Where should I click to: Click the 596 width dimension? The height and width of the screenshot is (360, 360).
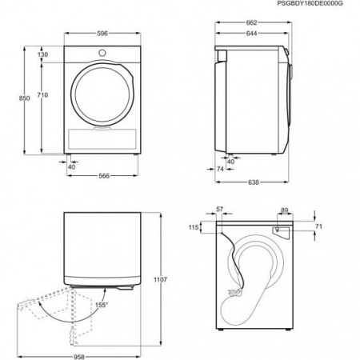(98, 34)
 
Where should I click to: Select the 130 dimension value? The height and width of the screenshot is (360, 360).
(43, 54)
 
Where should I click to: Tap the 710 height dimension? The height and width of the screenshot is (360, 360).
(43, 95)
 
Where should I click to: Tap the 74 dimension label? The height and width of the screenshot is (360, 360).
(221, 169)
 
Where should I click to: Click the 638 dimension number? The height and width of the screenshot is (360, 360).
(253, 182)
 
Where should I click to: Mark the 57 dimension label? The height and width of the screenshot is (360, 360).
(222, 210)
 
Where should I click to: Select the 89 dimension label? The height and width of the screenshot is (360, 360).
(285, 210)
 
